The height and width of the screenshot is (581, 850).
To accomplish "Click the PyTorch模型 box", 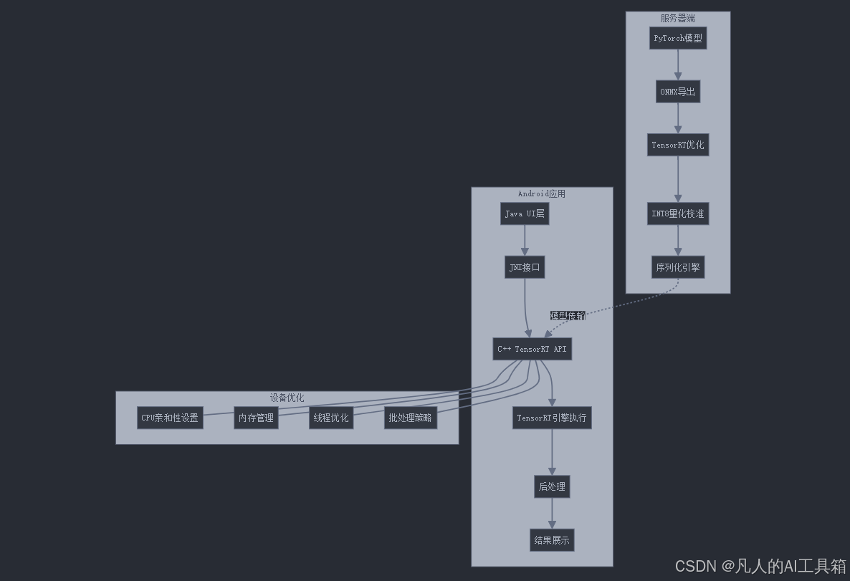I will point(678,38).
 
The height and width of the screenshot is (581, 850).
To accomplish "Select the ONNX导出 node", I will point(678,92).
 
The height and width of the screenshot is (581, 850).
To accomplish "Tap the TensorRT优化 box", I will point(678,145).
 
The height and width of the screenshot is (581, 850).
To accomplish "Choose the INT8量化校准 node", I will point(678,213).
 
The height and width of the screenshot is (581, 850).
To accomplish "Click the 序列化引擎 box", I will point(678,267).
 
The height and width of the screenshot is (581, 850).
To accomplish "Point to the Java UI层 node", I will point(525,213).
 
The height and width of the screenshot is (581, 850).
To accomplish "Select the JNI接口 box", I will point(525,267).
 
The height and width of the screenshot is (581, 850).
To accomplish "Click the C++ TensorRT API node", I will point(532,349).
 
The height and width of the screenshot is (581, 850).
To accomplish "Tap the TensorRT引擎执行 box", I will point(552,418).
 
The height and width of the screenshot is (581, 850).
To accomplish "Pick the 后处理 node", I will point(552,486).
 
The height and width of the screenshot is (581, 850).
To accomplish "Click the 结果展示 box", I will point(552,540).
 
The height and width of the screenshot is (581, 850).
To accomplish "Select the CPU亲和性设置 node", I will point(170,418).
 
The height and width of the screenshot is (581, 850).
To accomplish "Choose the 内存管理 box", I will point(256,418).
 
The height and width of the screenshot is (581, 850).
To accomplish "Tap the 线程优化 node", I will point(331,418).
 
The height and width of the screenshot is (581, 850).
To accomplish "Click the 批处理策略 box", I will point(411,418).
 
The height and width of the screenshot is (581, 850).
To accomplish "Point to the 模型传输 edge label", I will point(568,316).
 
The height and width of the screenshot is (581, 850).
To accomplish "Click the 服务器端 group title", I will point(678,18).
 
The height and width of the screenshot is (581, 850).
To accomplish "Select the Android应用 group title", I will point(542,193).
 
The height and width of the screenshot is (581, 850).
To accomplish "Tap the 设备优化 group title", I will point(287,398).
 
